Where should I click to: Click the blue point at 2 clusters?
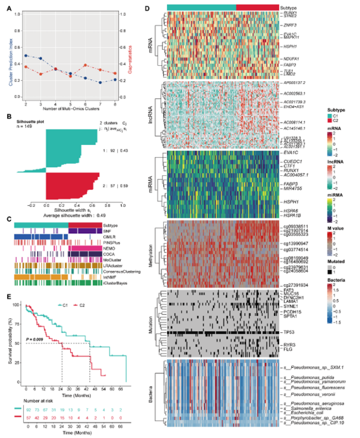pos(26,56)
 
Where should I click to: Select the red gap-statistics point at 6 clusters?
pos(85,65)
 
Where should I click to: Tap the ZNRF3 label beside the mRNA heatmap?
pos(290,25)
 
